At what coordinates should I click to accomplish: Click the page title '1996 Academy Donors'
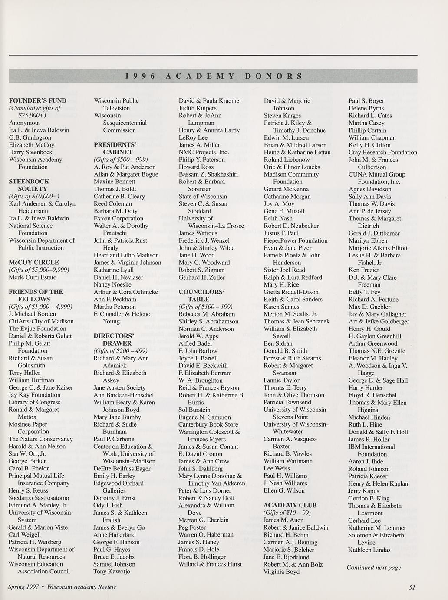tap(213, 76)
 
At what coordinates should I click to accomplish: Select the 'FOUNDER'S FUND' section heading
tap(38, 100)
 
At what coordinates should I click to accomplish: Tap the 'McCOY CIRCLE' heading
tap(34, 262)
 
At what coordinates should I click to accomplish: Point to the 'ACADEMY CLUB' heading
tap(290, 505)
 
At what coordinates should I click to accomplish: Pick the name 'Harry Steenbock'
tap(30, 152)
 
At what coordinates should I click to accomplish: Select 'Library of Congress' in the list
tap(34, 402)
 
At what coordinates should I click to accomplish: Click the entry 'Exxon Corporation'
tap(119, 218)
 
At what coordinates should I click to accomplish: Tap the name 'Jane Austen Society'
tap(119, 387)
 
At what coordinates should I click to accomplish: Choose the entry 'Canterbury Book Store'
tap(208, 424)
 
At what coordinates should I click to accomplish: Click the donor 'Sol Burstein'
tap(194, 410)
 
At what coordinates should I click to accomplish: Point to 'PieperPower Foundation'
tap(296, 240)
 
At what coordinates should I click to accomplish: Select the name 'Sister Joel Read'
tap(284, 270)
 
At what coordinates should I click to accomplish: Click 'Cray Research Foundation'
tap(382, 152)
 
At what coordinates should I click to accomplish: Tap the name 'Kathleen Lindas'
tap(369, 550)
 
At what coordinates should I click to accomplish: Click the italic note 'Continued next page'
tap(374, 567)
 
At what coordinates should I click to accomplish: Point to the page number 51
tap(412, 587)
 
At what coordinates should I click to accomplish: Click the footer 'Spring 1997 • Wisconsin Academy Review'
tap(62, 587)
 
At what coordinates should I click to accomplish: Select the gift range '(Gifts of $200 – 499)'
tap(121, 350)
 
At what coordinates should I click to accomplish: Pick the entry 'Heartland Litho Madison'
tap(126, 255)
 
